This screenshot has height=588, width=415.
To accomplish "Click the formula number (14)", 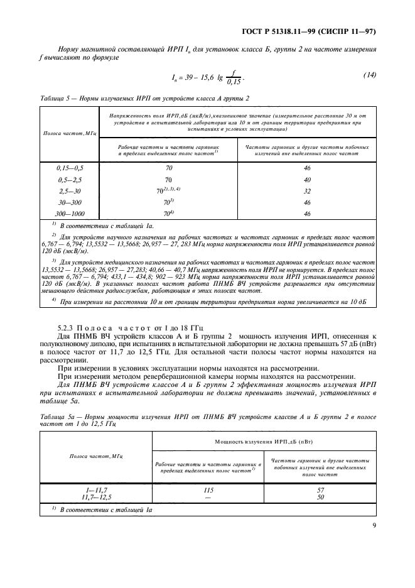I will pyautogui.click(x=369, y=75).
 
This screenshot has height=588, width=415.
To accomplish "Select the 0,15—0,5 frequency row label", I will pyautogui.click(x=70, y=168).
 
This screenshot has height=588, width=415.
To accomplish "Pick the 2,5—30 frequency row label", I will pyautogui.click(x=70, y=191).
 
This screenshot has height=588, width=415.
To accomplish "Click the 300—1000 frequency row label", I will pyautogui.click(x=70, y=214).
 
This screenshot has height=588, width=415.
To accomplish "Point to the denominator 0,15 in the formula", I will pyautogui.click(x=234, y=82).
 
